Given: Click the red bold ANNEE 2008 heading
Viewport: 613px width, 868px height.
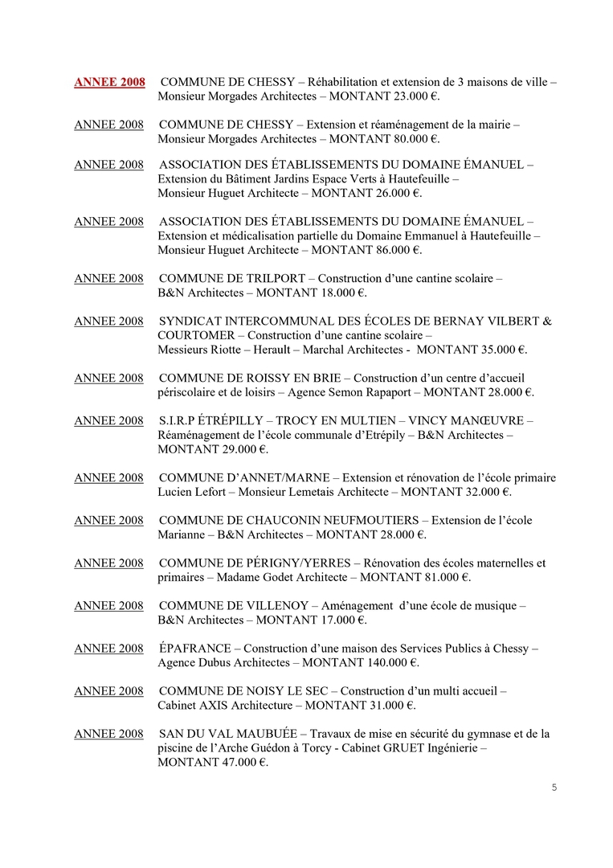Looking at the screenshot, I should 109,82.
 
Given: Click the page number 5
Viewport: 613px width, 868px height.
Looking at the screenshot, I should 554,787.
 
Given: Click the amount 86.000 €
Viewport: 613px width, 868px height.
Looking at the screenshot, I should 394,250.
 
